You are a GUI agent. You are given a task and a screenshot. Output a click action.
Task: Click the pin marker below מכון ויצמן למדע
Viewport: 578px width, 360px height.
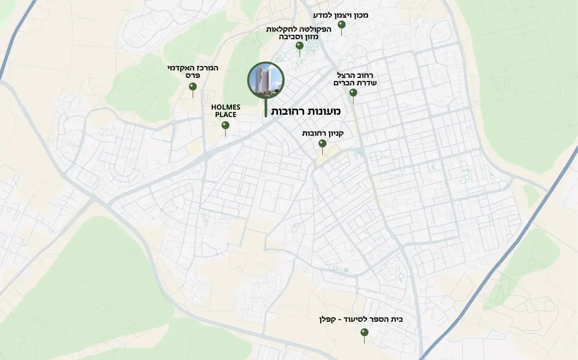(342, 25)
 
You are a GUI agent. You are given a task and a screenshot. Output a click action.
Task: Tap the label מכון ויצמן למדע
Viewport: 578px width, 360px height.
(341, 15)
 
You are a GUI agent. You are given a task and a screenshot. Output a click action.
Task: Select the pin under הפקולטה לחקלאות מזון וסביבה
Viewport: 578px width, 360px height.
(299, 46)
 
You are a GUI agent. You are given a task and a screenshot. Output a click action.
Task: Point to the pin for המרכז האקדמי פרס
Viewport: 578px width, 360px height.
(193, 87)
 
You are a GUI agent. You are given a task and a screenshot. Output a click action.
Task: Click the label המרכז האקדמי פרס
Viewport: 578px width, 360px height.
(193, 71)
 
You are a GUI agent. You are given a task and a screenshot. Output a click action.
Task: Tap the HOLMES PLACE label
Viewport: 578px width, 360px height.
(226, 111)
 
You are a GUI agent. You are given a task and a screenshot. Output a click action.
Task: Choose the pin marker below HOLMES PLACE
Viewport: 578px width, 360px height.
(225, 125)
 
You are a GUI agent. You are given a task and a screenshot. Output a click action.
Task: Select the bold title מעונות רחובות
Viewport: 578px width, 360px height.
(306, 111)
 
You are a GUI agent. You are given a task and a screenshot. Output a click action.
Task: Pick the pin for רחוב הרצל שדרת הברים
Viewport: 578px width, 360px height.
(353, 93)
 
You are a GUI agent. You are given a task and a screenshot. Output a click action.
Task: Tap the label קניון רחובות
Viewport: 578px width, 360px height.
(323, 133)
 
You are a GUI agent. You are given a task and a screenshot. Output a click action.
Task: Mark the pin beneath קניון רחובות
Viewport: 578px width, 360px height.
(322, 144)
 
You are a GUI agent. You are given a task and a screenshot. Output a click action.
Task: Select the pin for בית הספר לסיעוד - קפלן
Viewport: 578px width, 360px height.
(364, 333)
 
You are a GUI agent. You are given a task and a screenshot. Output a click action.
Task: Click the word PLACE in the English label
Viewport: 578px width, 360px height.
(226, 115)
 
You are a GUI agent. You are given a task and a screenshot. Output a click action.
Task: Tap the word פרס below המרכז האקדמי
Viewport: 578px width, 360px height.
(193, 76)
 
